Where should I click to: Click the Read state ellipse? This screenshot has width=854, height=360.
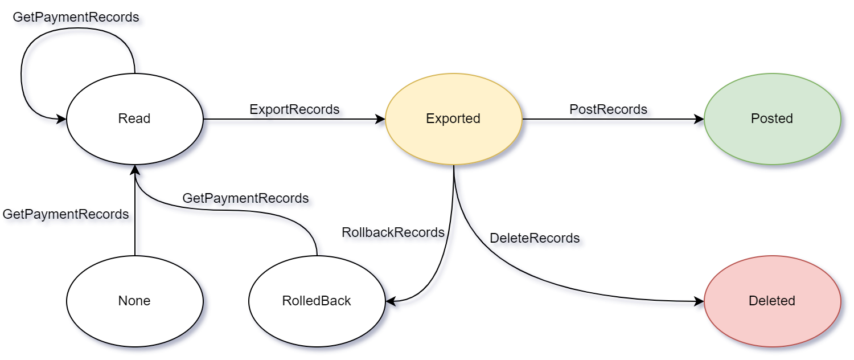[134, 119]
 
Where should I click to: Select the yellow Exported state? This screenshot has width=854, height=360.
[453, 119]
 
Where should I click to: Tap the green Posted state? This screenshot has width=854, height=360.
[772, 119]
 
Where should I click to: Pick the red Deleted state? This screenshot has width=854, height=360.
[772, 301]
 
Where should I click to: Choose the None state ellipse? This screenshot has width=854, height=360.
[134, 301]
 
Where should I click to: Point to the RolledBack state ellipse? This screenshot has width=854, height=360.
[317, 301]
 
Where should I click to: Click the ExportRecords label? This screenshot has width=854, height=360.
[294, 109]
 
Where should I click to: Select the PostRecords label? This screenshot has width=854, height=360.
[608, 109]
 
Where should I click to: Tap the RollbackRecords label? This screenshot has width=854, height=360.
[393, 232]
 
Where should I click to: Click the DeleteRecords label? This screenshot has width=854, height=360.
[535, 238]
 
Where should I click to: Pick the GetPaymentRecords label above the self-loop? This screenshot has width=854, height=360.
[76, 17]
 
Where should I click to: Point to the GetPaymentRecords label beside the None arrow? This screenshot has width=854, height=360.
[65, 214]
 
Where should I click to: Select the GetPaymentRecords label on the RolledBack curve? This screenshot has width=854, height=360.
[245, 198]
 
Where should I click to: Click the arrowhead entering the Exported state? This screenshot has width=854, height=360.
[380, 119]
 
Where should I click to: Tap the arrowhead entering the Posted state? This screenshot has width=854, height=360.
[699, 119]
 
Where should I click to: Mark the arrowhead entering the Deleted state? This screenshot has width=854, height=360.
[699, 301]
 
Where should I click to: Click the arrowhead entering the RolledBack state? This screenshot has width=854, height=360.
[391, 301]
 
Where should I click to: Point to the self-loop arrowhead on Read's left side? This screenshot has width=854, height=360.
[61, 119]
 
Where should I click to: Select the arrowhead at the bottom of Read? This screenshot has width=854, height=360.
[134, 170]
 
